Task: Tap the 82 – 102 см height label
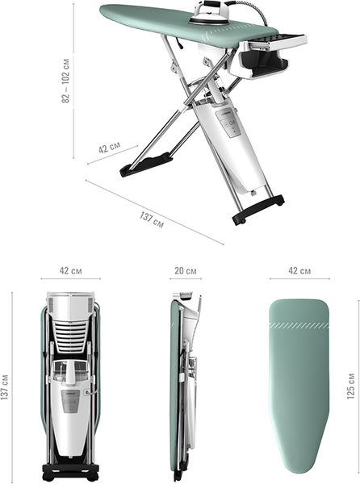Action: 65,81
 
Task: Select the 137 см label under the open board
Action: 152,219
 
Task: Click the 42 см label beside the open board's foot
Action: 110,147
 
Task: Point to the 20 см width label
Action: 186,271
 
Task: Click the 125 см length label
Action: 351,386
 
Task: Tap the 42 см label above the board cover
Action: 299,271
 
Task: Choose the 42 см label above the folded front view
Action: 71,271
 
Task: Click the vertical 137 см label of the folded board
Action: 5,387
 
